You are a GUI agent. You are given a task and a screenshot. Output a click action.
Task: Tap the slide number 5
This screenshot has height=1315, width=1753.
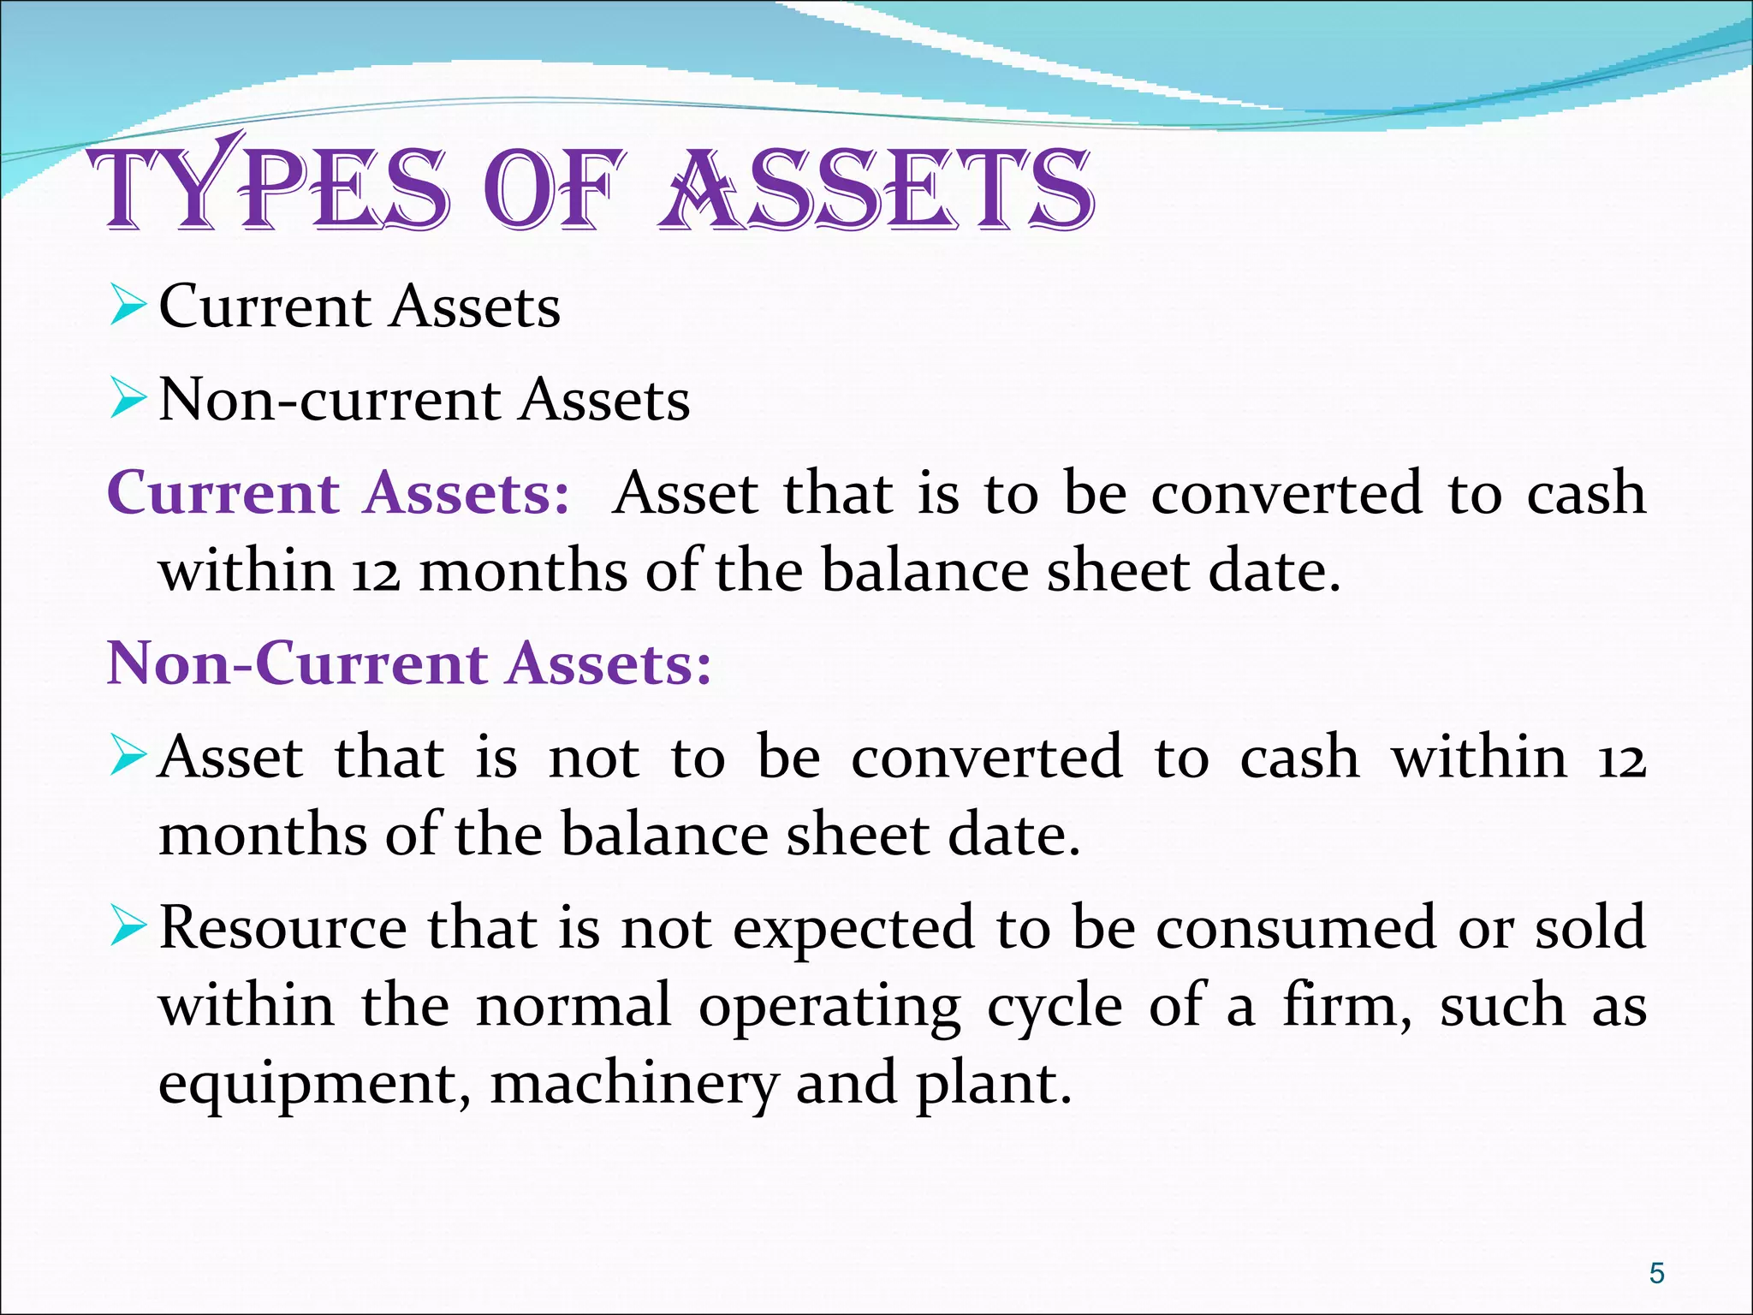[1656, 1273]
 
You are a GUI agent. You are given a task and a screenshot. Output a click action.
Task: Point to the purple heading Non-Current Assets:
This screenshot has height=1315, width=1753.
[409, 663]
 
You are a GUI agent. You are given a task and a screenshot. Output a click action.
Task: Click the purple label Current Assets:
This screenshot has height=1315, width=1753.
[338, 494]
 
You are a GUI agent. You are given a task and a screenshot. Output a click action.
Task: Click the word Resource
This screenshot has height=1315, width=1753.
[283, 928]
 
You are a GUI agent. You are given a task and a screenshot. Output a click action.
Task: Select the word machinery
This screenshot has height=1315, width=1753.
[634, 1083]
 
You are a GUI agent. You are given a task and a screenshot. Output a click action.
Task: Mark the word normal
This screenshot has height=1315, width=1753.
[573, 1006]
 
